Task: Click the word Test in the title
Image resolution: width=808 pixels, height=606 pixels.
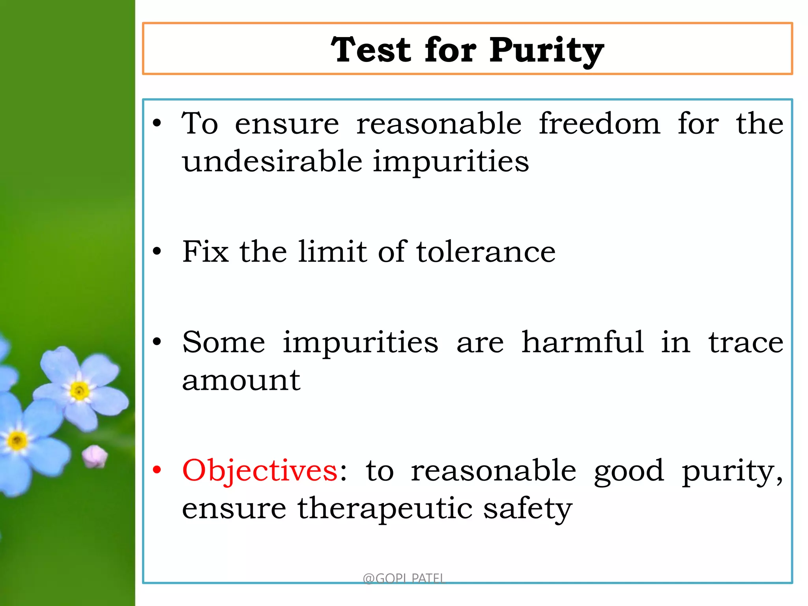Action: pyautogui.click(x=371, y=50)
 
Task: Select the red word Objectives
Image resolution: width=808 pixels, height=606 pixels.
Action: pyautogui.click(x=260, y=471)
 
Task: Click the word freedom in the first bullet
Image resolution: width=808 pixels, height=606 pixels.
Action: pyautogui.click(x=599, y=124)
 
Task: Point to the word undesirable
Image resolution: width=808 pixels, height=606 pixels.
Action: pyautogui.click(x=272, y=162)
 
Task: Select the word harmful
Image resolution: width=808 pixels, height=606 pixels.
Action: pyautogui.click(x=583, y=342)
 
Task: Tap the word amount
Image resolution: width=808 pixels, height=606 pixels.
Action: pyautogui.click(x=241, y=381)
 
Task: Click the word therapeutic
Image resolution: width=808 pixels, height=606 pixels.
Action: pyautogui.click(x=385, y=509)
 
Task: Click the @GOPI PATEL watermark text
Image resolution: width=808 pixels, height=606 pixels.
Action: pyautogui.click(x=404, y=578)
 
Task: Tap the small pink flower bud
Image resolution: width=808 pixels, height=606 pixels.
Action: pyautogui.click(x=95, y=456)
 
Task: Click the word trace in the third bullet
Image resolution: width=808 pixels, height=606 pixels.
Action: pyautogui.click(x=746, y=343)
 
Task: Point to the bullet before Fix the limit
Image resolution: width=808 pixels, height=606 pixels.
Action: pyautogui.click(x=157, y=251)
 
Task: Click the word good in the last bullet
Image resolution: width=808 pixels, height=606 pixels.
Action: pyautogui.click(x=629, y=472)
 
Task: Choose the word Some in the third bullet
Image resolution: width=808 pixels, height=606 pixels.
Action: pyautogui.click(x=223, y=342)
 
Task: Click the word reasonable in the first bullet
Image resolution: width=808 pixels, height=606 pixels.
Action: pyautogui.click(x=439, y=124)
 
